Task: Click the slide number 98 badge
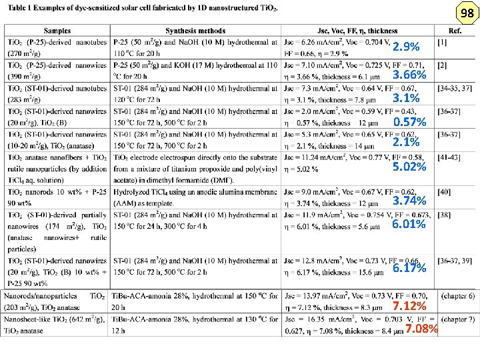[x=465, y=14]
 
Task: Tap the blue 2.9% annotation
[x=406, y=47]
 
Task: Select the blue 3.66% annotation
[x=409, y=75]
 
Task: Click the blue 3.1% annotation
[x=406, y=99]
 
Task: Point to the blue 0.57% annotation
[x=409, y=122]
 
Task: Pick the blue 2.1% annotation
[x=406, y=142]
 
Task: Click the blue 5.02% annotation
[x=409, y=167]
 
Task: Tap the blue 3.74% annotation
[x=409, y=201]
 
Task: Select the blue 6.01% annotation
[x=409, y=224]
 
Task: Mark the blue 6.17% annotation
[x=409, y=268]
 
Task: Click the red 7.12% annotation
[x=409, y=307]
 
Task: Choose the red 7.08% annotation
[x=422, y=329]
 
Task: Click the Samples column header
[x=57, y=31]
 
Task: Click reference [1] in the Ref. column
[x=443, y=42]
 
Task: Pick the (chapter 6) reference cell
[x=456, y=295]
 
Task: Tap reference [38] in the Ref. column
[x=444, y=215]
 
